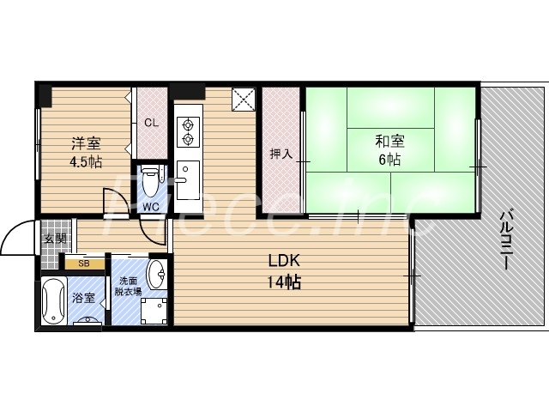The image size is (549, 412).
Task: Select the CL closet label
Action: (x=151, y=123)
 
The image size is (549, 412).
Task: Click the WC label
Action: (x=151, y=206)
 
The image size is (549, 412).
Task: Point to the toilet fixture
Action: (x=151, y=180)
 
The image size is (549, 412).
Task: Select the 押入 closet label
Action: (x=281, y=154)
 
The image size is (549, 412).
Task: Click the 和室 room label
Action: (x=389, y=142)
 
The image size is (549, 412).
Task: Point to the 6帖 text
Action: (x=389, y=159)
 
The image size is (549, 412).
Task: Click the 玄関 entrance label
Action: (x=54, y=239)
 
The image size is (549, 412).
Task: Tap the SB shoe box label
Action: (x=84, y=264)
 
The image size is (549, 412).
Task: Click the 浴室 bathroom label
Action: (x=83, y=298)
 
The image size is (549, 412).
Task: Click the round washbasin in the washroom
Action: (x=158, y=276)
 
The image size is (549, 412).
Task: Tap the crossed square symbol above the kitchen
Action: (x=244, y=99)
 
